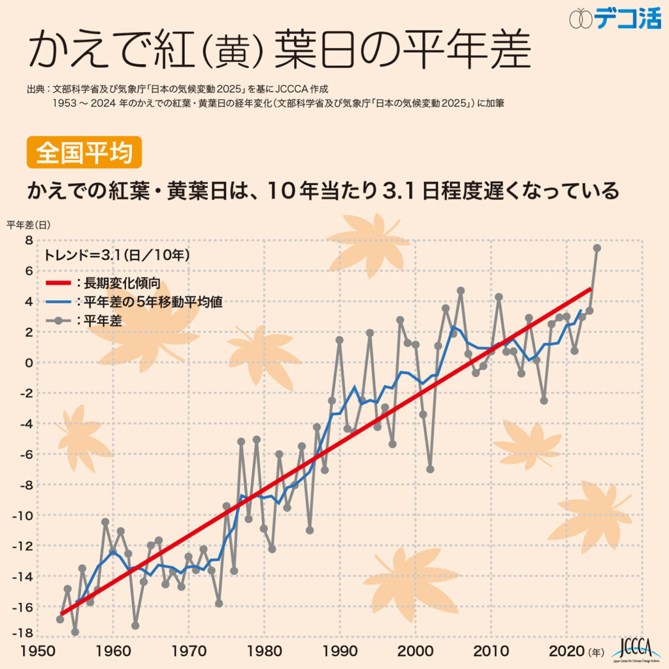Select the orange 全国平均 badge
tap(84, 153)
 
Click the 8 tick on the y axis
tap(28, 240)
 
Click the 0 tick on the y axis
tap(28, 363)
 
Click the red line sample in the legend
tap(59, 284)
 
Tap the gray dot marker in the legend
tap(59, 321)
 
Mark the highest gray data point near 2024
tap(597, 248)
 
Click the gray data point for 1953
tap(60, 619)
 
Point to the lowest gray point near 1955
tap(75, 632)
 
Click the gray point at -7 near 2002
tap(430, 469)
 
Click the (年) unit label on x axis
tap(597, 651)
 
